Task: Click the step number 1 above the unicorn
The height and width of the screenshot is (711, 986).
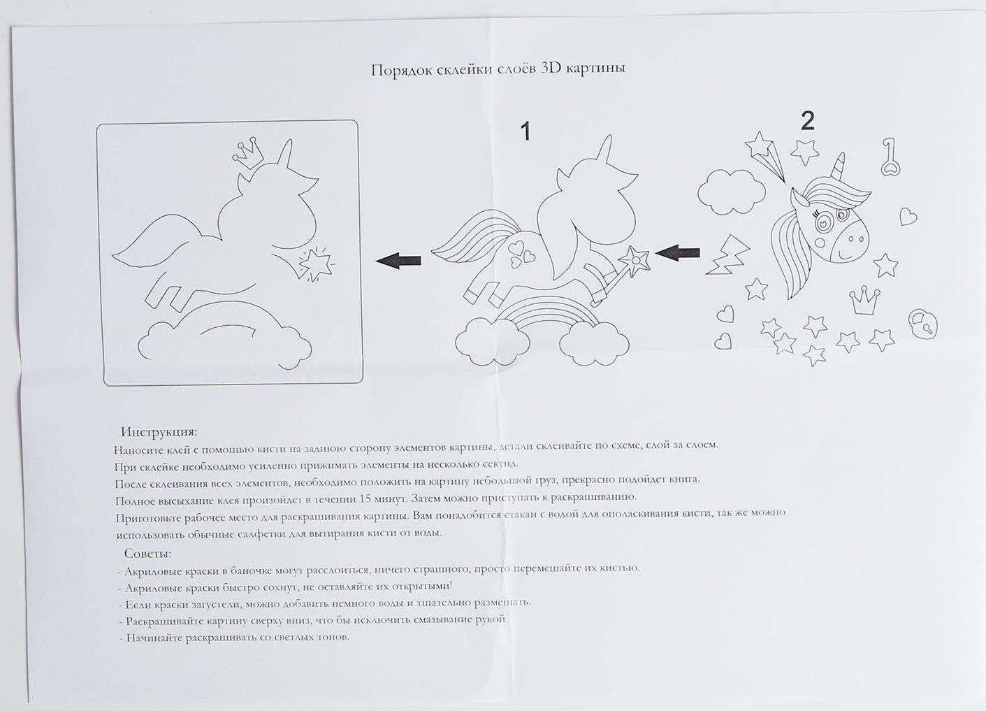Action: tap(525, 131)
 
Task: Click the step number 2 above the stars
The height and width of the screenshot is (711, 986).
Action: tap(807, 121)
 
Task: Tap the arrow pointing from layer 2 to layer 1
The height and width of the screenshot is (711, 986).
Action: tap(677, 253)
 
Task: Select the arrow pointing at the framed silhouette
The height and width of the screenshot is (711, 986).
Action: tap(398, 261)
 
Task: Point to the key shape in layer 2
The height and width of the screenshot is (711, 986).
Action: tap(891, 157)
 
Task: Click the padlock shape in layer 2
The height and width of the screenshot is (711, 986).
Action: tap(922, 323)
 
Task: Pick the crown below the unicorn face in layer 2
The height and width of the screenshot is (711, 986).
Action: tap(865, 300)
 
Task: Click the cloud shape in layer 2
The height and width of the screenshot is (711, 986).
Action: tap(732, 192)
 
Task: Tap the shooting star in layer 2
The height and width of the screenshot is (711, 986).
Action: tap(765, 155)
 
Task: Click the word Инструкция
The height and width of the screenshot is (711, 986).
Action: tap(159, 431)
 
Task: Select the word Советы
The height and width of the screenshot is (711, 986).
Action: tap(148, 553)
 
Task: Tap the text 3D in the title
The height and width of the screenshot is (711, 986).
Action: tap(550, 69)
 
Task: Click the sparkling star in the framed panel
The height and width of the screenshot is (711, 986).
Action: tap(316, 264)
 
